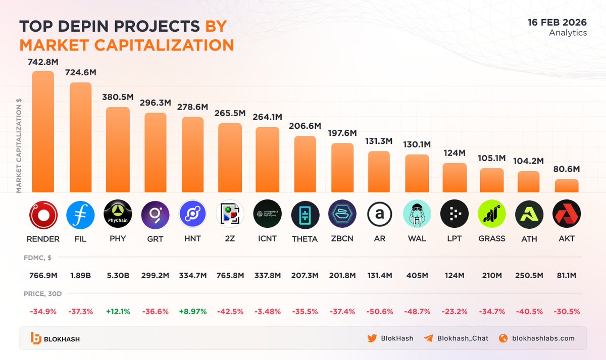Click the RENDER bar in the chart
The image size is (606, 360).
click(x=43, y=131)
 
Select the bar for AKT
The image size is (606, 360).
click(x=566, y=185)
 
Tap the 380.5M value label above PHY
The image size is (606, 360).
click(x=118, y=97)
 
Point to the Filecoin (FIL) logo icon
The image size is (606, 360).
click(x=80, y=215)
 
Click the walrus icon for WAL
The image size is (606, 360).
click(x=417, y=215)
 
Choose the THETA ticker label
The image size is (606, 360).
click(x=305, y=239)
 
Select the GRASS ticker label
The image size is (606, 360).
click(x=492, y=238)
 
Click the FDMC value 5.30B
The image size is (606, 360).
click(x=118, y=276)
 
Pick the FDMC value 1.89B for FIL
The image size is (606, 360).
click(x=80, y=276)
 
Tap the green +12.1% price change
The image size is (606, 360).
click(x=118, y=311)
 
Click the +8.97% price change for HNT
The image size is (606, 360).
click(x=192, y=311)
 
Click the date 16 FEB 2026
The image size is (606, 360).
click(x=557, y=22)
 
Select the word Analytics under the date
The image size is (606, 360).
click(x=568, y=33)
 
